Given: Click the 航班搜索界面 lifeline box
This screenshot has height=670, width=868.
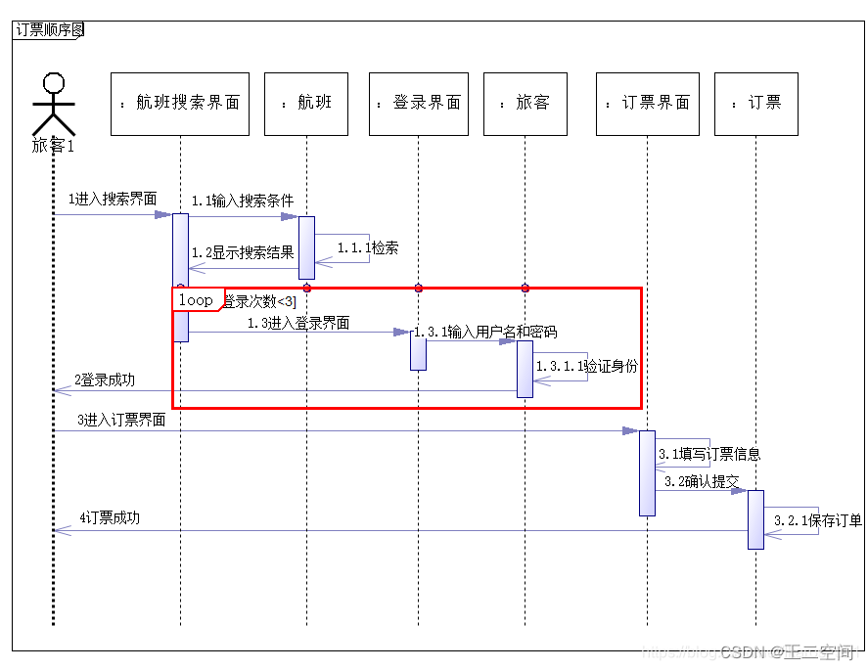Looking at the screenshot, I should tap(180, 103).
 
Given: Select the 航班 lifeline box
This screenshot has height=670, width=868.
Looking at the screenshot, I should tap(306, 103).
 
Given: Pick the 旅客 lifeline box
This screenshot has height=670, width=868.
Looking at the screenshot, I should tap(525, 103).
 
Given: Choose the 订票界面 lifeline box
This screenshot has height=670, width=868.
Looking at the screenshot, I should tap(647, 103).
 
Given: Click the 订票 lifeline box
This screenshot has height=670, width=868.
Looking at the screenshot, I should tap(755, 103).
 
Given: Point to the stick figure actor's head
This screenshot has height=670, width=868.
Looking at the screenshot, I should tap(54, 84).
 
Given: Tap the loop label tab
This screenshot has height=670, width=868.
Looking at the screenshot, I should tap(197, 300).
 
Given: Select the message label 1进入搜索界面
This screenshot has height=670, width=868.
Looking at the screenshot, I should tap(112, 199).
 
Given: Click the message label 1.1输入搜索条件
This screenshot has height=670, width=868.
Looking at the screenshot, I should tap(243, 201).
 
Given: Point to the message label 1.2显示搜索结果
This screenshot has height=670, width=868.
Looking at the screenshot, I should tap(243, 252).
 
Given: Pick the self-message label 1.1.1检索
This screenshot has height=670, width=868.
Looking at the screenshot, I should tap(368, 247).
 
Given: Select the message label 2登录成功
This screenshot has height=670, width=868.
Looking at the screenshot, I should tap(104, 380).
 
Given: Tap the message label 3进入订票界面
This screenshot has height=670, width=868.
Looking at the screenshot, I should tap(121, 421).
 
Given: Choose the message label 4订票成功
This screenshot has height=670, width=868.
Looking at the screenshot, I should tap(110, 517).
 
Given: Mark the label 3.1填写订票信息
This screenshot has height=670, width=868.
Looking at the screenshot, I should tap(709, 454).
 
